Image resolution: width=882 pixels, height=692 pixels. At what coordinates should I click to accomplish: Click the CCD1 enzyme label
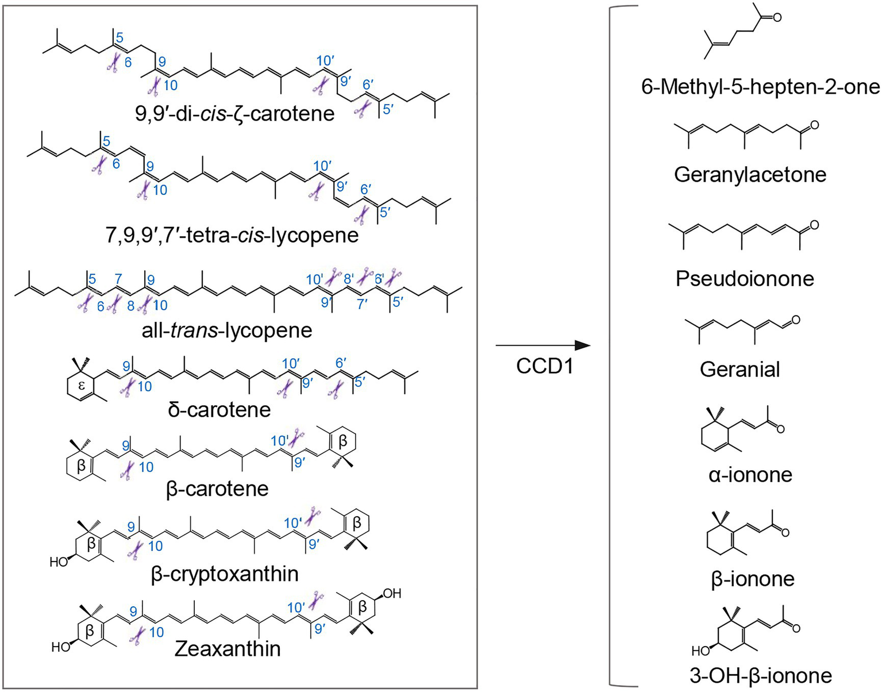pyautogui.click(x=544, y=366)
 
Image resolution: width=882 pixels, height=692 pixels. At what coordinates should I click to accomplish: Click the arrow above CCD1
pyautogui.click(x=542, y=345)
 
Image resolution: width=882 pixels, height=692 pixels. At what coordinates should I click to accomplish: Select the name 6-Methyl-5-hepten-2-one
pyautogui.click(x=760, y=87)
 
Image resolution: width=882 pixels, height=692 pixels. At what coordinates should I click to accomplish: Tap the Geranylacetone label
pyautogui.click(x=750, y=174)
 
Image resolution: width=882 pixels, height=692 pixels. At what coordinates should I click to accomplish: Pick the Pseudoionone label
pyautogui.click(x=745, y=278)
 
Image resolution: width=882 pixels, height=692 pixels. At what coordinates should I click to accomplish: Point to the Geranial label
pyautogui.click(x=740, y=369)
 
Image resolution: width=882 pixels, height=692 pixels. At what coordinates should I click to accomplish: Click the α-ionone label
pyautogui.click(x=750, y=475)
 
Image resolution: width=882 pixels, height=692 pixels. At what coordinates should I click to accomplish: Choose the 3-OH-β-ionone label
pyautogui.click(x=760, y=676)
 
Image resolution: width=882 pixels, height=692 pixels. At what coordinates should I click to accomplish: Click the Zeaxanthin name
pyautogui.click(x=228, y=649)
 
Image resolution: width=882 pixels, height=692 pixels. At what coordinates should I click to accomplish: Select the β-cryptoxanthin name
pyautogui.click(x=225, y=574)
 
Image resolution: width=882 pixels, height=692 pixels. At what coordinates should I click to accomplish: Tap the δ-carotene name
pyautogui.click(x=219, y=410)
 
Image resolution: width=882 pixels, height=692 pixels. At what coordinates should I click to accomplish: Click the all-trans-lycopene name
pyautogui.click(x=227, y=330)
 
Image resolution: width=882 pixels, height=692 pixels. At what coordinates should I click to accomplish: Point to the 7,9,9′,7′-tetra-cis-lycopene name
pyautogui.click(x=232, y=235)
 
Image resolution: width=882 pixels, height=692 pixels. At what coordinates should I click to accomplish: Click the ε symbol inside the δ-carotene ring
pyautogui.click(x=81, y=386)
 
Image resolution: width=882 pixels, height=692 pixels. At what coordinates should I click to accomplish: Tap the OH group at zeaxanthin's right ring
pyautogui.click(x=392, y=593)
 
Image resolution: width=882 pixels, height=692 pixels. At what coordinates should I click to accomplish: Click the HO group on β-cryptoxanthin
pyautogui.click(x=59, y=562)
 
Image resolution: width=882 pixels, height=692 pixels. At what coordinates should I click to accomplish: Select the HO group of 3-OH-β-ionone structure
pyautogui.click(x=700, y=651)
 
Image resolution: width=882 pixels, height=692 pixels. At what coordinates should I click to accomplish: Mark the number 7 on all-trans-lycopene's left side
pyautogui.click(x=118, y=279)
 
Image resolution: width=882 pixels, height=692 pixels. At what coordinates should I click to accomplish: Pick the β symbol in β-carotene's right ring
pyautogui.click(x=343, y=441)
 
